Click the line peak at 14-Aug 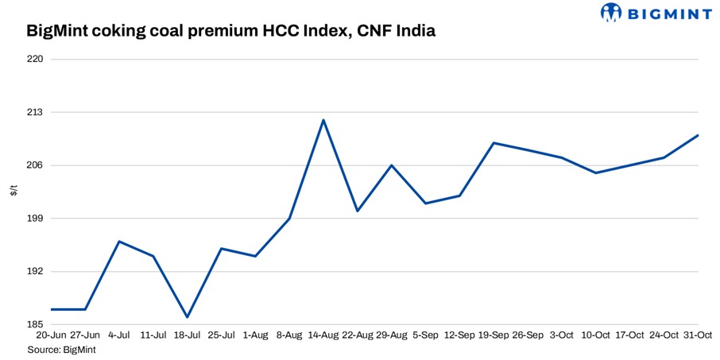point(323,120)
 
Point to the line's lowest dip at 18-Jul point(187,317)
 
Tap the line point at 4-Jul point(118,242)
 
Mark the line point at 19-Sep point(494,143)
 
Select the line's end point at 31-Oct point(698,135)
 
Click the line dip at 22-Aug point(358,211)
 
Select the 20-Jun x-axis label point(50,336)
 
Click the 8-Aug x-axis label point(289,336)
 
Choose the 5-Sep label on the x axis point(426,336)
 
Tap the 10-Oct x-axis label point(596,336)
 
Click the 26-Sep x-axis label point(528,336)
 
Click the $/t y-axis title point(14,192)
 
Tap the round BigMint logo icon point(610,12)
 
